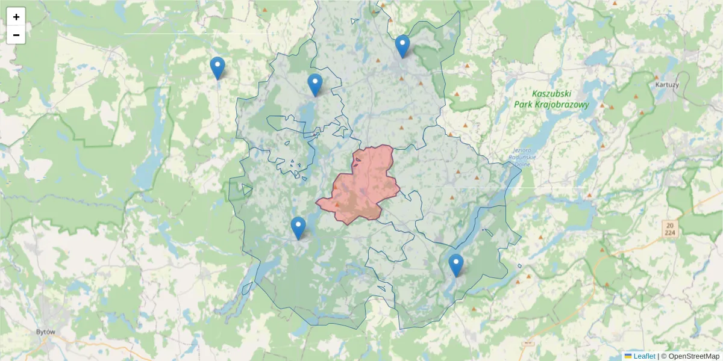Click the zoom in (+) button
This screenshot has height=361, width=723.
[x=16, y=17]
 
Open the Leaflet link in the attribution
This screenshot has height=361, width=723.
[x=644, y=356]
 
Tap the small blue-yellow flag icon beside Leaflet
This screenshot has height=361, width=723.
[x=628, y=356]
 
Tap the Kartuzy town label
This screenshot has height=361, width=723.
[x=667, y=85]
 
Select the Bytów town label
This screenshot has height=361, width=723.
[x=46, y=332]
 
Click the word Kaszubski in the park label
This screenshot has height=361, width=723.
[x=551, y=94]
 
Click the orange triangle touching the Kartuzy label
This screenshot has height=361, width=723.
[x=657, y=78]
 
